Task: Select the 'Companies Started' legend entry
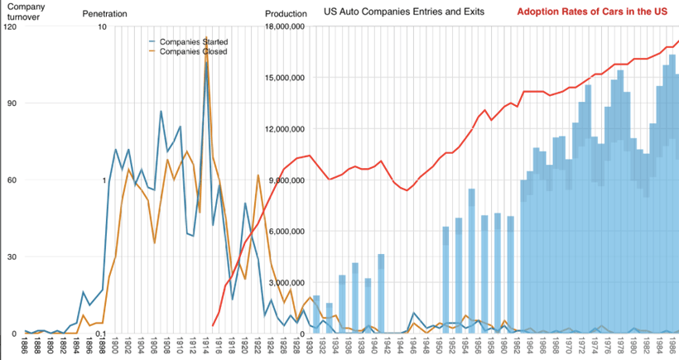(x=193, y=41)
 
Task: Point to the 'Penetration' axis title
(x=104, y=15)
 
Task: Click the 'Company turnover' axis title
(x=26, y=11)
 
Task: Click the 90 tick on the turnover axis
(x=12, y=103)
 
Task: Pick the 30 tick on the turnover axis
(x=12, y=257)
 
